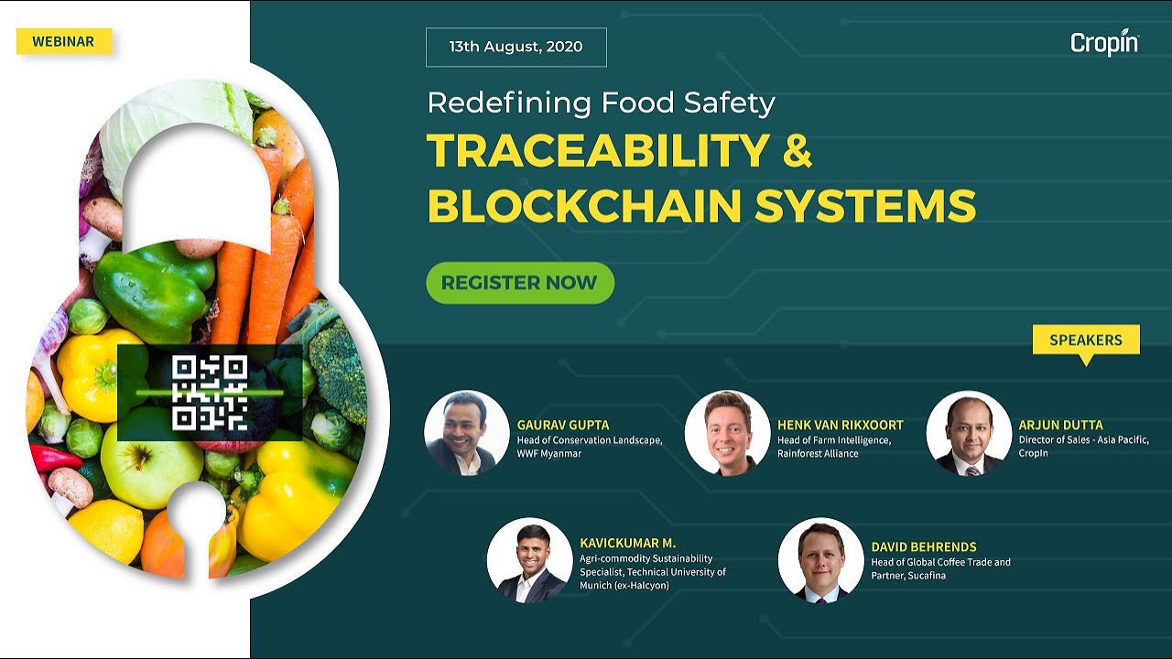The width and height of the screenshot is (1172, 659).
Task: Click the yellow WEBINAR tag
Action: click(x=63, y=41)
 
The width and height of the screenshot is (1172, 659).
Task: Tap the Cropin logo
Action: click(x=1104, y=43)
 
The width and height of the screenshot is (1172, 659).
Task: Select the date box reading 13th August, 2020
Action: click(x=515, y=48)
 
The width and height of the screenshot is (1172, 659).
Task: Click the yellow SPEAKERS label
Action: click(x=1086, y=340)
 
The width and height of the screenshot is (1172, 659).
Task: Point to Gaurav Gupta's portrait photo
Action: click(x=467, y=433)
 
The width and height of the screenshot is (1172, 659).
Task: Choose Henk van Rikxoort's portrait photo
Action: click(x=727, y=433)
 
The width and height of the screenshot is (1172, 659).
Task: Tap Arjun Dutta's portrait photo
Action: click(x=969, y=433)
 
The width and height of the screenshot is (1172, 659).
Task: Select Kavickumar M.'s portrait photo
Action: click(x=529, y=560)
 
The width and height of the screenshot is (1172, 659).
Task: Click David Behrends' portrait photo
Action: click(x=820, y=560)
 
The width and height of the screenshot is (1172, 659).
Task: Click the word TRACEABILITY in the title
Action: click(x=597, y=151)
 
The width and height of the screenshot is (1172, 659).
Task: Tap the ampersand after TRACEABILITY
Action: click(x=798, y=151)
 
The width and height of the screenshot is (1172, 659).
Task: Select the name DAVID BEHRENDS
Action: click(x=923, y=546)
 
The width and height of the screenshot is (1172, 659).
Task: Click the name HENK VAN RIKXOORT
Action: click(x=840, y=425)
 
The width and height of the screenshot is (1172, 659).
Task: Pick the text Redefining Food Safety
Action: click(x=601, y=103)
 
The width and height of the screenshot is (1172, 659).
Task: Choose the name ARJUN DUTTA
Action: click(x=1060, y=425)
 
